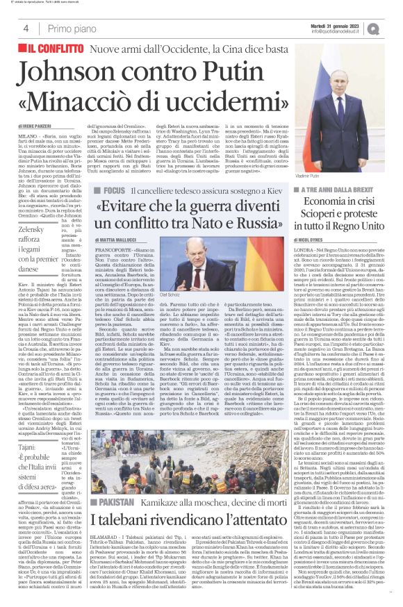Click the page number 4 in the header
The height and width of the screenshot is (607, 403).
(x=25, y=28)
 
